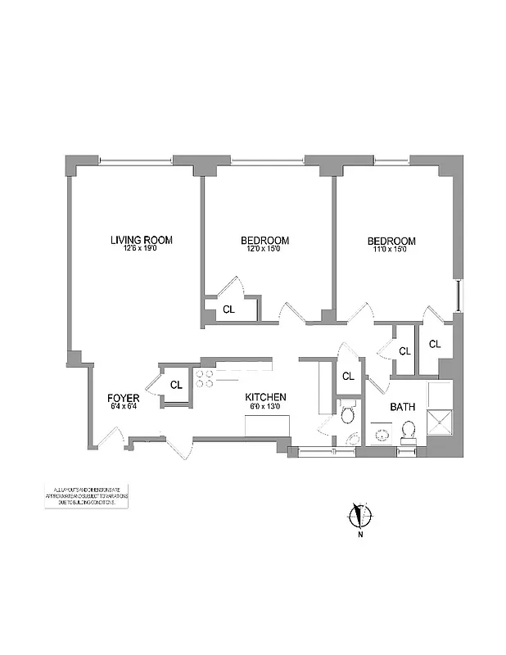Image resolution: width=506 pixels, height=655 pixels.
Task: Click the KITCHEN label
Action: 266,396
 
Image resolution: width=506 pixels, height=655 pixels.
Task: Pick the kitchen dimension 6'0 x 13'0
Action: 266,406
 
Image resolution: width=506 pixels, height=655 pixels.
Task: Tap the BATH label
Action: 402,406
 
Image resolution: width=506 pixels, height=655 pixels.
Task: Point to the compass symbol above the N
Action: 359,515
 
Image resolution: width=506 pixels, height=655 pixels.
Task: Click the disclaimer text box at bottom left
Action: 86,497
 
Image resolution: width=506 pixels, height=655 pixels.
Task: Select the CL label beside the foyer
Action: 176,385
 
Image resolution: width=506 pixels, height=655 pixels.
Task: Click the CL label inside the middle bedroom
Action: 228,309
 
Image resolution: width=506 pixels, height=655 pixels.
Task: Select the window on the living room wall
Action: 123,159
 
